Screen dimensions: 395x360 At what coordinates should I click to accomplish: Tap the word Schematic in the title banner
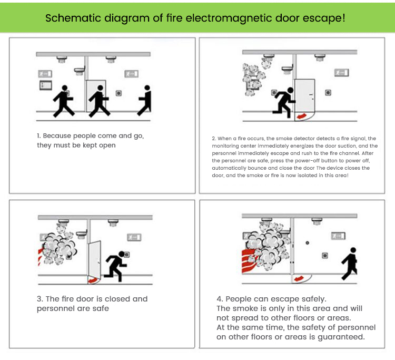[x=73, y=18]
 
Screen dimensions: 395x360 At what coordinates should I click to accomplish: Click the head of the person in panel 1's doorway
[x=100, y=88]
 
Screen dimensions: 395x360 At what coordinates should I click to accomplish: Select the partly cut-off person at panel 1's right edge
[x=145, y=100]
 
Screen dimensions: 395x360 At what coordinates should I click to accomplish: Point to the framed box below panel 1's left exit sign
[x=46, y=85]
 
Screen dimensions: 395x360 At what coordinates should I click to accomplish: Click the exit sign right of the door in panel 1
[x=132, y=74]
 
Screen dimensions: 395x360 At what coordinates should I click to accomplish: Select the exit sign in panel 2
[x=341, y=73]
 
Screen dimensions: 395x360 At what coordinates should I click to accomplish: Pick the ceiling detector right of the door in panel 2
[x=320, y=58]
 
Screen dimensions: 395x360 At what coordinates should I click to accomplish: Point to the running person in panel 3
[x=116, y=266]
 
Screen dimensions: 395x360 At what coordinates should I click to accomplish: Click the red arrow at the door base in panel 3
[x=93, y=280]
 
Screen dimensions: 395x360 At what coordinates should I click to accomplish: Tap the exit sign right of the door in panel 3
[x=134, y=237]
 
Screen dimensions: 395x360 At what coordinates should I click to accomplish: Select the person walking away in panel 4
[x=350, y=264]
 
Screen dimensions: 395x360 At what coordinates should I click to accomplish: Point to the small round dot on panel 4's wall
[x=307, y=243]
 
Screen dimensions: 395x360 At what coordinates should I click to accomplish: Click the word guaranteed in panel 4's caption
[x=341, y=337]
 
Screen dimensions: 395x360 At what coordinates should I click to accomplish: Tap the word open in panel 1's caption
[x=107, y=145]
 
